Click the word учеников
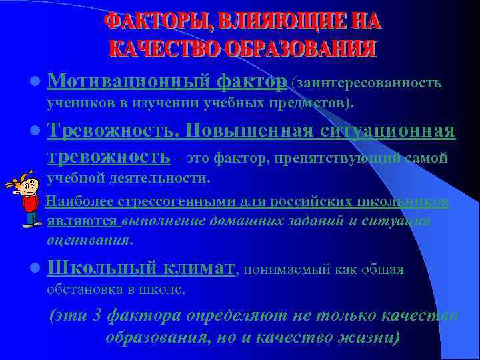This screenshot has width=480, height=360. (x=72, y=103)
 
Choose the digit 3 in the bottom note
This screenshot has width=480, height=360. (x=97, y=315)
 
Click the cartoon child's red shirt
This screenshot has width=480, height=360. (x=29, y=201)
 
